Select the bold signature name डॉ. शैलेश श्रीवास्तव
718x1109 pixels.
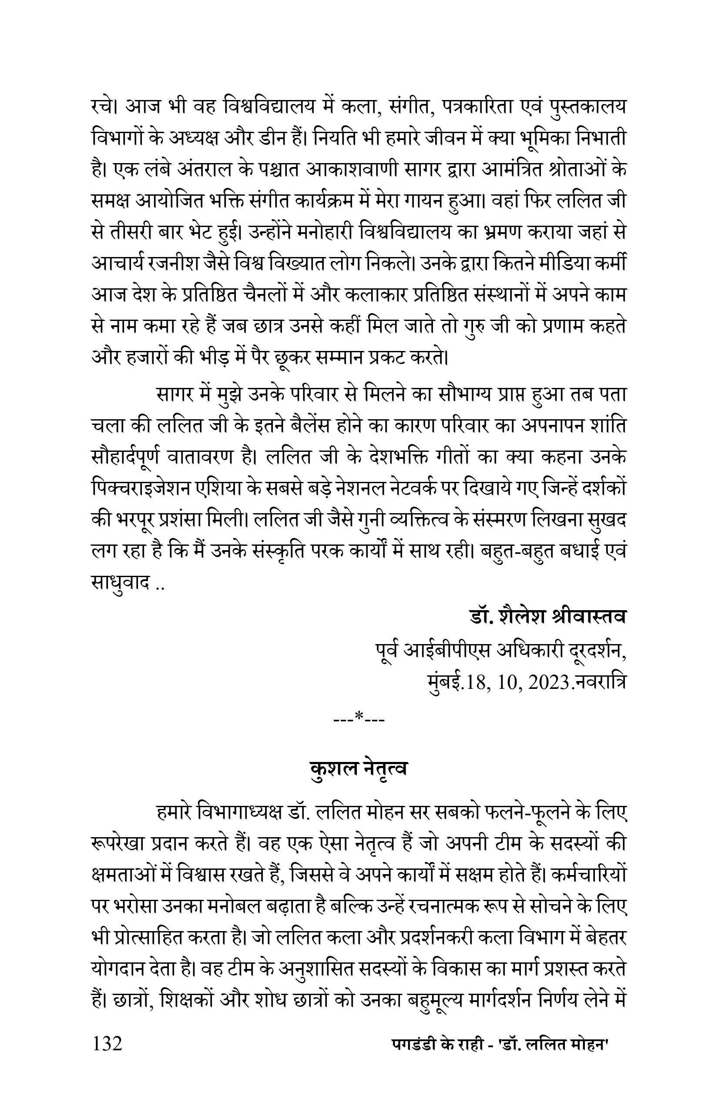click(x=547, y=617)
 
